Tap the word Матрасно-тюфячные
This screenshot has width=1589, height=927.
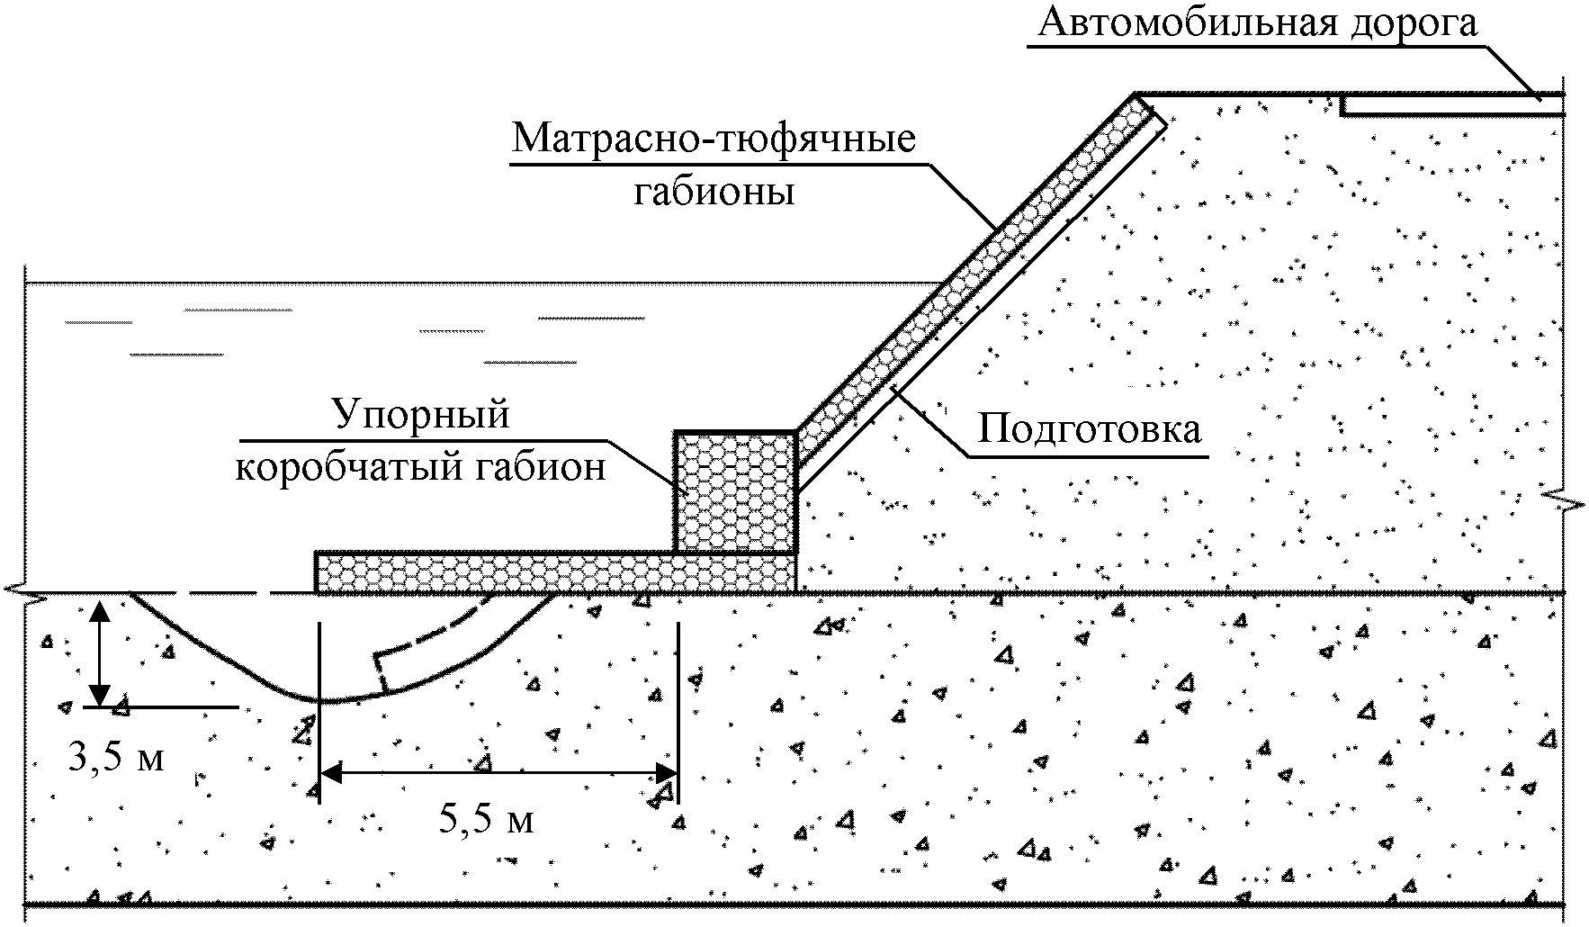pyautogui.click(x=714, y=140)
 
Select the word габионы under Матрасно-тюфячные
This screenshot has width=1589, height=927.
pyautogui.click(x=714, y=191)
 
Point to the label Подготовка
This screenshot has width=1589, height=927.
pyautogui.click(x=1090, y=429)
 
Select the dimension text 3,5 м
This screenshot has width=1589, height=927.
pyautogui.click(x=117, y=757)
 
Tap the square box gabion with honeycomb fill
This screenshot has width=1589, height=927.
pyautogui.click(x=736, y=491)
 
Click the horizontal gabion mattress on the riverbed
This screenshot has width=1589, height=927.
pyautogui.click(x=556, y=572)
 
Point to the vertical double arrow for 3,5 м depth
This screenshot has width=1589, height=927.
pyautogui.click(x=99, y=652)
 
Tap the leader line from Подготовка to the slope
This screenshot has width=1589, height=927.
pyautogui.click(x=933, y=422)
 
